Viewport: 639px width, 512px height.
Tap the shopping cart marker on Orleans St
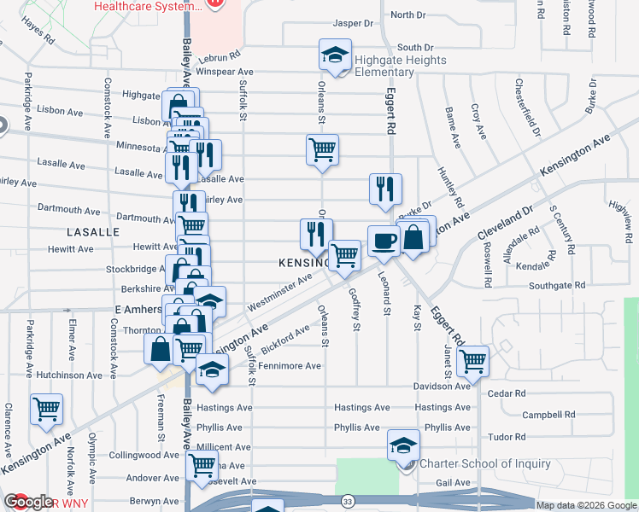(322, 149)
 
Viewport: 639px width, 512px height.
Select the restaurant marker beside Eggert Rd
(385, 189)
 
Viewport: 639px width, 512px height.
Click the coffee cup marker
(384, 240)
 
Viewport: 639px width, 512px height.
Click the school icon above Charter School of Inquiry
(403, 445)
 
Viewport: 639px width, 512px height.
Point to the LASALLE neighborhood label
(93, 232)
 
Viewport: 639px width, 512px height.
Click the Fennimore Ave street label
(290, 365)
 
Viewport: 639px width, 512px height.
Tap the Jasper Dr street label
(353, 24)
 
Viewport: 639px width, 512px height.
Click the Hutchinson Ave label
(70, 375)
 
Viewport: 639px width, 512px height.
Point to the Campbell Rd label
(544, 415)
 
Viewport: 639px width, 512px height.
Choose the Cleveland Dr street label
(505, 220)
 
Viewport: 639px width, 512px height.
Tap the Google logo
(27, 502)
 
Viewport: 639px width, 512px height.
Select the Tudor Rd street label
(507, 436)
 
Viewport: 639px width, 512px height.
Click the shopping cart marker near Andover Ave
(202, 465)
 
